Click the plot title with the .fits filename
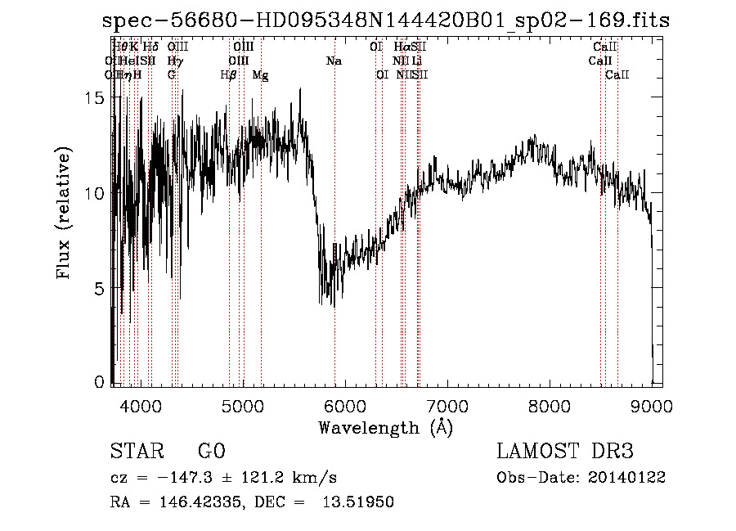[386, 21]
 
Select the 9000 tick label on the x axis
[651, 406]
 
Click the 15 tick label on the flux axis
[96, 97]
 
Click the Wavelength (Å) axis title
[385, 427]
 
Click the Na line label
[334, 61]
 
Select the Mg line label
[260, 75]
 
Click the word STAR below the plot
[136, 452]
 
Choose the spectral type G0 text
[211, 452]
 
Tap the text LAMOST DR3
[565, 452]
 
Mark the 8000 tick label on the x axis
[549, 406]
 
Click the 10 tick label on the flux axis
[96, 193]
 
